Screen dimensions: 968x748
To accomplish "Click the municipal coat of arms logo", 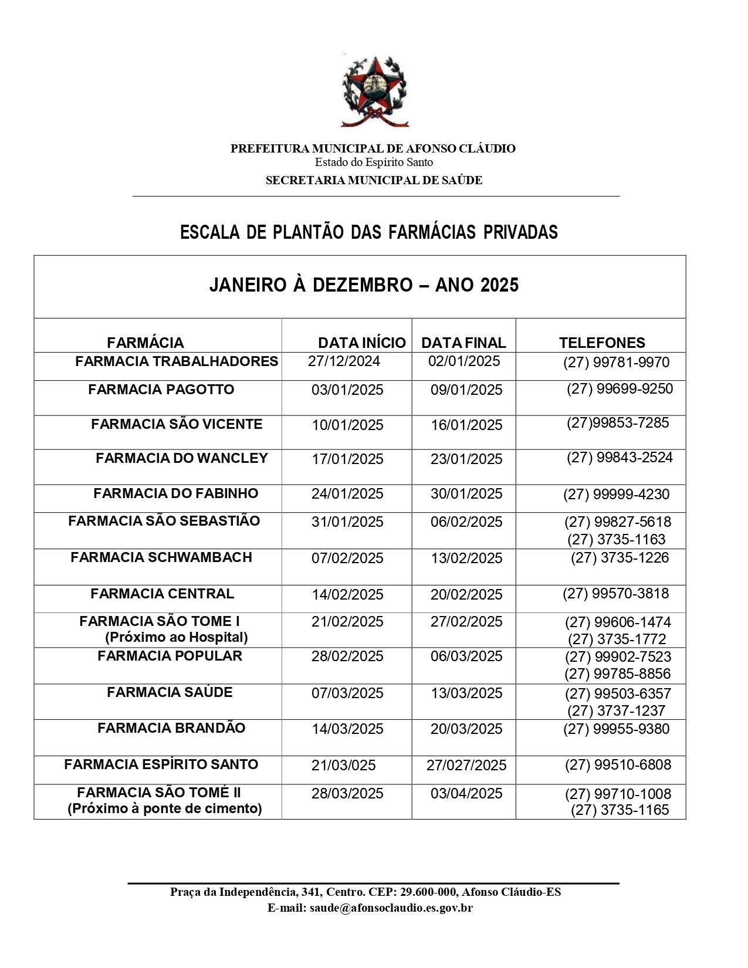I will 374,92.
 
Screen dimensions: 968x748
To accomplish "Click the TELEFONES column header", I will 602,343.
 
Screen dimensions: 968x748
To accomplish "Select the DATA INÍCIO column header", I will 361,343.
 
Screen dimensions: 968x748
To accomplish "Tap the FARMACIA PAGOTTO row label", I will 161,390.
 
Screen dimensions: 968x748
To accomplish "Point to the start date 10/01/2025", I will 347,425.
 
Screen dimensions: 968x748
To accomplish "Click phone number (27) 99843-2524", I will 620,458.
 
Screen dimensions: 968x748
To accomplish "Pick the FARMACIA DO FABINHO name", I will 175,493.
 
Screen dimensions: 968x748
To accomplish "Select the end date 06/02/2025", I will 466,522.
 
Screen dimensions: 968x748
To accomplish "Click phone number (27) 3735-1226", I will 620,557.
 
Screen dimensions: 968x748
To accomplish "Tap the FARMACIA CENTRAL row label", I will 162,594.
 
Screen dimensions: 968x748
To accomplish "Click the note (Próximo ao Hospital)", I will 176,637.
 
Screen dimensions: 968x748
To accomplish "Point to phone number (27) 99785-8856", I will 618,673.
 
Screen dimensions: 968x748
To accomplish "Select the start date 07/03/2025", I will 347,693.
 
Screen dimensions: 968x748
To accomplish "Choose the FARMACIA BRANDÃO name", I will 171,728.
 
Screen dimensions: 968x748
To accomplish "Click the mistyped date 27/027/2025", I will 466,765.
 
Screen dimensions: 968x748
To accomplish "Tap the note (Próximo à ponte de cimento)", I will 165,808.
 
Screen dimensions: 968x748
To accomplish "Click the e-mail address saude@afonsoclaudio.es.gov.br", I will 391,908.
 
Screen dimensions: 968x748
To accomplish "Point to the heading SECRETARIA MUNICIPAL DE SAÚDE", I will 374,180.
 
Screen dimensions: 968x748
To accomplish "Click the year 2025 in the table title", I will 499,285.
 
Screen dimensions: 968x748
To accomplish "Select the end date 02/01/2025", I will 464,361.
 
